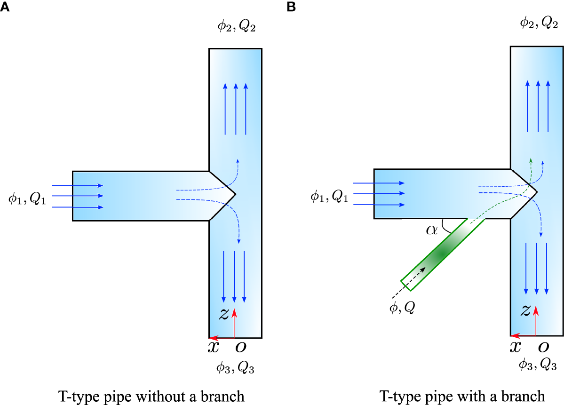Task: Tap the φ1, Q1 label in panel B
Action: (329, 196)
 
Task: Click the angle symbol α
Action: (431, 230)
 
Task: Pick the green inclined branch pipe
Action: (442, 254)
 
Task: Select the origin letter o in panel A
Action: (239, 347)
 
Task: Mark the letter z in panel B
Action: (526, 309)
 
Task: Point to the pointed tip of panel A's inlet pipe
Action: (235, 194)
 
